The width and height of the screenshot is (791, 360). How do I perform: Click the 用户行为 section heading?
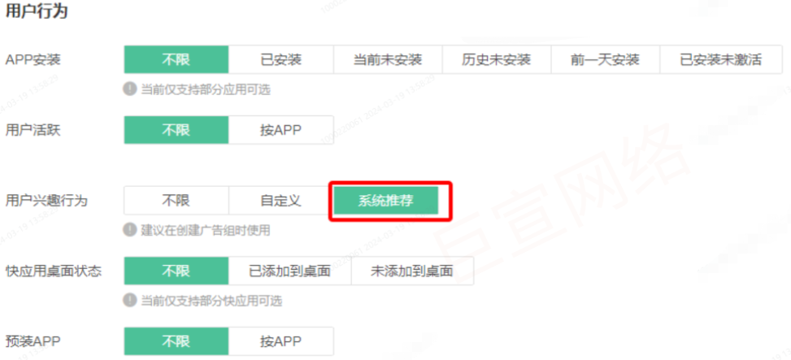(x=37, y=12)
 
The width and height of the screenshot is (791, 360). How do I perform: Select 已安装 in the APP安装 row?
(x=280, y=60)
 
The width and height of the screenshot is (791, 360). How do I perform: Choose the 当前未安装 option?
(x=388, y=60)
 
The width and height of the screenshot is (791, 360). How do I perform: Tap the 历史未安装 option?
(x=496, y=60)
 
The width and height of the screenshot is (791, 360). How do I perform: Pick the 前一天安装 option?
(x=605, y=60)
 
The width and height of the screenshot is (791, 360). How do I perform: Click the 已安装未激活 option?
(x=720, y=60)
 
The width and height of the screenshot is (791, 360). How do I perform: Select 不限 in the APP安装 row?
(x=176, y=60)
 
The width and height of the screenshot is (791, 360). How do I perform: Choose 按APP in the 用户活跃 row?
(x=280, y=130)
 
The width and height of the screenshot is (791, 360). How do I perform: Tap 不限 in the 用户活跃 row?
(x=176, y=130)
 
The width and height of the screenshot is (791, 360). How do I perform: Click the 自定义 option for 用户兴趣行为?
(x=280, y=201)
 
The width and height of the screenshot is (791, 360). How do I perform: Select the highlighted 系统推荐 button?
(x=385, y=201)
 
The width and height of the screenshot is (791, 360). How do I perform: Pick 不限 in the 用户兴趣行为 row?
(x=176, y=201)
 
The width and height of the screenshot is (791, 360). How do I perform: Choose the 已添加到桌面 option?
(x=289, y=271)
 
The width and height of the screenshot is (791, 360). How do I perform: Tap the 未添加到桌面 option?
(x=411, y=271)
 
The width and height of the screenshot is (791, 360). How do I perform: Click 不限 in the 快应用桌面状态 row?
(x=176, y=271)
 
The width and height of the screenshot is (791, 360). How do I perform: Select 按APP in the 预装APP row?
(x=280, y=341)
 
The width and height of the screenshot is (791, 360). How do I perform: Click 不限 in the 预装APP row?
(x=176, y=341)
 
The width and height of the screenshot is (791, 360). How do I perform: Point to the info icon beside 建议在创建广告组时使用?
(x=130, y=230)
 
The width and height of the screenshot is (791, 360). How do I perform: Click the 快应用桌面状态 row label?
(x=54, y=271)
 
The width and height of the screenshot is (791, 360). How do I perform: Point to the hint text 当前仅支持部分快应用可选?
(x=211, y=301)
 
